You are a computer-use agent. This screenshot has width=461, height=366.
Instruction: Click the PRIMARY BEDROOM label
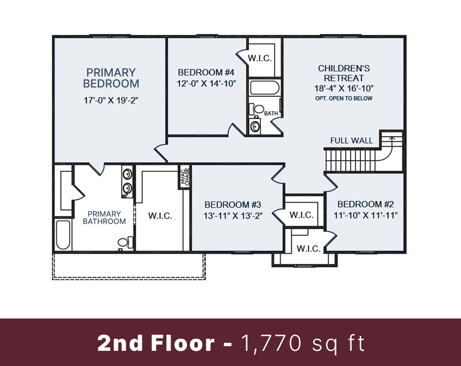[x=111, y=78]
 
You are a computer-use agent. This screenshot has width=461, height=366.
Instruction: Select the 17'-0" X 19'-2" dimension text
[x=111, y=100]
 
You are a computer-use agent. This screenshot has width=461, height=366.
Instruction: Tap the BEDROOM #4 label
[x=206, y=72]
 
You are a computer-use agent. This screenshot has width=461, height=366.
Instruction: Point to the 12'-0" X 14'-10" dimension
[x=206, y=84]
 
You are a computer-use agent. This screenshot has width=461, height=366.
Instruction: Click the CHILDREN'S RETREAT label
[x=344, y=73]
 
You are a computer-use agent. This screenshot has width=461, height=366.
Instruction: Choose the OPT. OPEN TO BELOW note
[x=344, y=99]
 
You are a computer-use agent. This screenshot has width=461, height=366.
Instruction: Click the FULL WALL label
[x=351, y=140]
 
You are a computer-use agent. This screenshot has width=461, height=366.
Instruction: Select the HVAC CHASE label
[x=185, y=177]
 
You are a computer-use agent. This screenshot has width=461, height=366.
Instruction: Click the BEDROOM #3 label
[x=233, y=204]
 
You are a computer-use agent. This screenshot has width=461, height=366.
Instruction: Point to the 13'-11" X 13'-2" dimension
[x=233, y=216]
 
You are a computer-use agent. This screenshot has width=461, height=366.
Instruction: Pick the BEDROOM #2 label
[x=366, y=204]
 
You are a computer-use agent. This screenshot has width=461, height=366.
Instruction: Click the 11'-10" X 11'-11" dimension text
[x=366, y=215]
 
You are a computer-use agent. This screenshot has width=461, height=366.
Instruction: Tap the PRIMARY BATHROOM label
[x=104, y=217]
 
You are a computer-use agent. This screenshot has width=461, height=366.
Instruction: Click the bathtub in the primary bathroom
[x=63, y=234]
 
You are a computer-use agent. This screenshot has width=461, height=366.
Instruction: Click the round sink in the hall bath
[x=254, y=126]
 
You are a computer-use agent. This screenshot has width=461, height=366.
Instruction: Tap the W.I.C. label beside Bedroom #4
[x=260, y=58]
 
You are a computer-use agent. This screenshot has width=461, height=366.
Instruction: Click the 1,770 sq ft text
[x=303, y=343]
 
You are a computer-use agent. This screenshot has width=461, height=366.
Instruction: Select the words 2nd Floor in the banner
[x=156, y=343]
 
